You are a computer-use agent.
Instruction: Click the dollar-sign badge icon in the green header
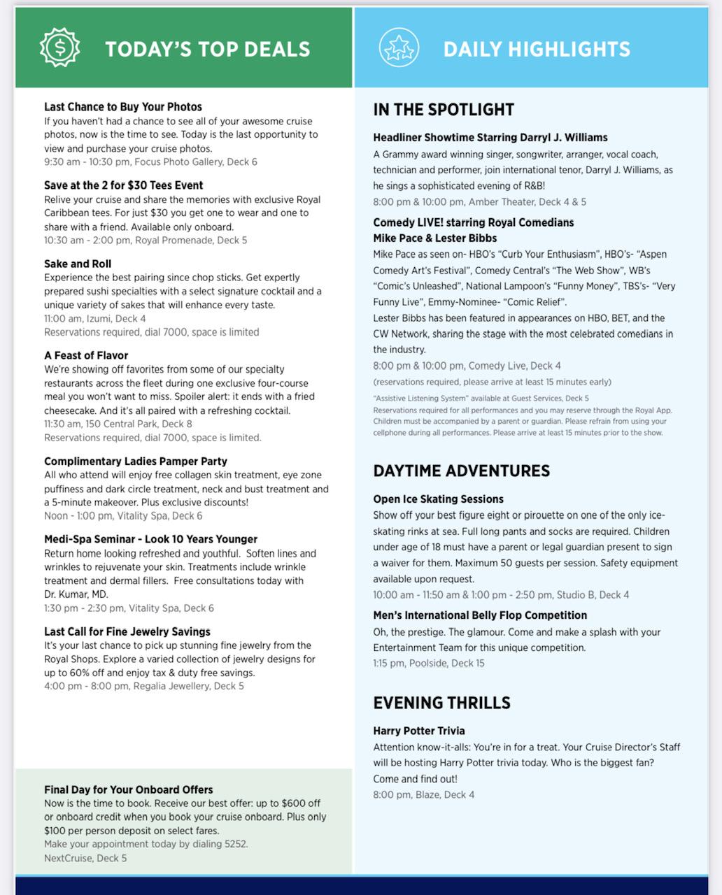(59, 48)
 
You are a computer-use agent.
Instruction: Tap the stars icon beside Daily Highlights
(399, 48)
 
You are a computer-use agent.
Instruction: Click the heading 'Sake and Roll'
(78, 264)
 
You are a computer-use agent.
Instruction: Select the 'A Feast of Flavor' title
(86, 355)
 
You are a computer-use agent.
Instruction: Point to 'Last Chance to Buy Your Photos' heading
(123, 107)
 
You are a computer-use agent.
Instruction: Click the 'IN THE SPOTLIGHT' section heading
(444, 110)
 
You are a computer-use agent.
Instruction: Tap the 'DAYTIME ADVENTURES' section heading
(462, 471)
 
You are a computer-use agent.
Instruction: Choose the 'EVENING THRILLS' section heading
(442, 703)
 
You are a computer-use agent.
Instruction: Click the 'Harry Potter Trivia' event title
(419, 731)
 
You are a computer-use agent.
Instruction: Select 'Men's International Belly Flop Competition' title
(480, 615)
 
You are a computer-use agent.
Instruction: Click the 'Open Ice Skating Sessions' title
(439, 499)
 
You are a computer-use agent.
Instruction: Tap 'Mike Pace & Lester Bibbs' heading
(435, 238)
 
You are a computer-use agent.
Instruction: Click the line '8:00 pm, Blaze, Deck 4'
(424, 794)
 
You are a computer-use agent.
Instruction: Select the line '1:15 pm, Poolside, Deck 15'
(429, 663)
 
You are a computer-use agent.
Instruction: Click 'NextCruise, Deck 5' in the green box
(85, 858)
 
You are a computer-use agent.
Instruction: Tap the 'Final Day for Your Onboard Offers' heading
(129, 789)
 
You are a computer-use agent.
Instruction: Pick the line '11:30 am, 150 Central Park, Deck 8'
(118, 424)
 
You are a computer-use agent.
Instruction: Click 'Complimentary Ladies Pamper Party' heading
(136, 461)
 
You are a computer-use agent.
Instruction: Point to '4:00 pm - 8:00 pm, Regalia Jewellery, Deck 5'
(144, 686)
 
